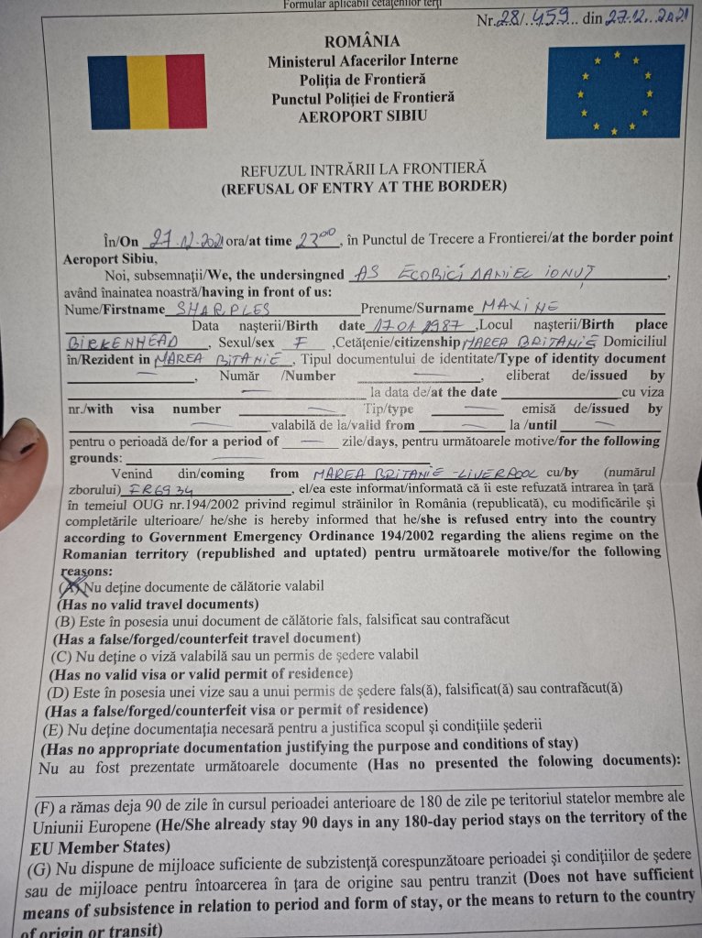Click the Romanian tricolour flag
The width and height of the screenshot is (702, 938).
147,92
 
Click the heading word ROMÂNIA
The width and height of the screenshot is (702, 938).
362,41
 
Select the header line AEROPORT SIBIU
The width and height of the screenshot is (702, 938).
362,116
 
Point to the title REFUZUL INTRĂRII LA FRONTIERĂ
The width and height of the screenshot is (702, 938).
363,169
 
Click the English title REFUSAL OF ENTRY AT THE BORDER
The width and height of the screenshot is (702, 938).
363,187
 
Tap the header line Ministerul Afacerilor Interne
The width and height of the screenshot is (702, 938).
363,61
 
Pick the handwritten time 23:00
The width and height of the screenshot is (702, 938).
317,240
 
